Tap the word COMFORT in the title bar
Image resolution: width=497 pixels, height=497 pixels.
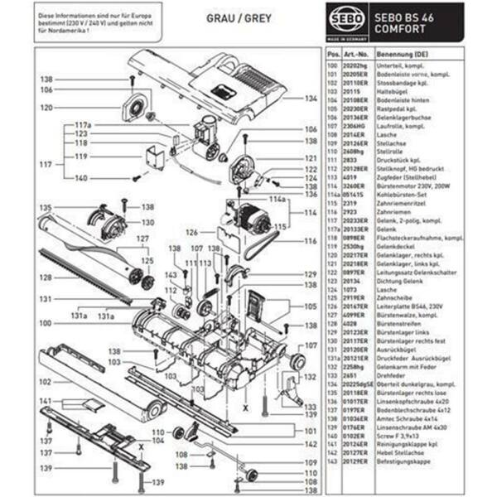coord(403,29)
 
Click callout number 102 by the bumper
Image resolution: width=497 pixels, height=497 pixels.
coord(46,382)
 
